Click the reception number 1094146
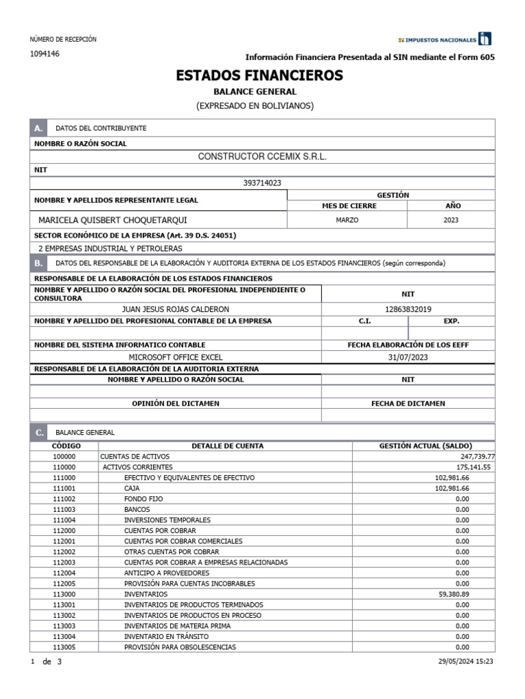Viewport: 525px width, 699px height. coord(44,54)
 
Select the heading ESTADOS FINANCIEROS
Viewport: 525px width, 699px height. coord(260,76)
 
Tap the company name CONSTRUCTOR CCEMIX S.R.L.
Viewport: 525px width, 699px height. coord(262,156)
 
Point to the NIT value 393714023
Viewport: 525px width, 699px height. coord(262,183)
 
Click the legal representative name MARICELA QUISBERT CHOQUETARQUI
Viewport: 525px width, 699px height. coord(112,220)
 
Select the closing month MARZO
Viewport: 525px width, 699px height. coord(347,220)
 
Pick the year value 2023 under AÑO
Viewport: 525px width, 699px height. coord(450,220)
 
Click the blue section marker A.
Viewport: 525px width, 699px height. coord(38,128)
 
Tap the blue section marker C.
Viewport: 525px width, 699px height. coord(38,432)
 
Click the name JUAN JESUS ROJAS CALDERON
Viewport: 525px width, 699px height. coord(175,309)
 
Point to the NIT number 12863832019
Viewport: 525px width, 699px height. coord(408,309)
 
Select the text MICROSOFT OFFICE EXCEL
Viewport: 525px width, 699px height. coord(176,357)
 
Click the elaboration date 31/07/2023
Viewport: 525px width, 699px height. coord(408,357)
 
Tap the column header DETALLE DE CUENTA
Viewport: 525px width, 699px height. coord(227,446)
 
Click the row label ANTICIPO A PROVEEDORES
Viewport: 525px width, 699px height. coord(167,573)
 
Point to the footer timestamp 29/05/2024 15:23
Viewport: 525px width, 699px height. coord(466,661)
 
